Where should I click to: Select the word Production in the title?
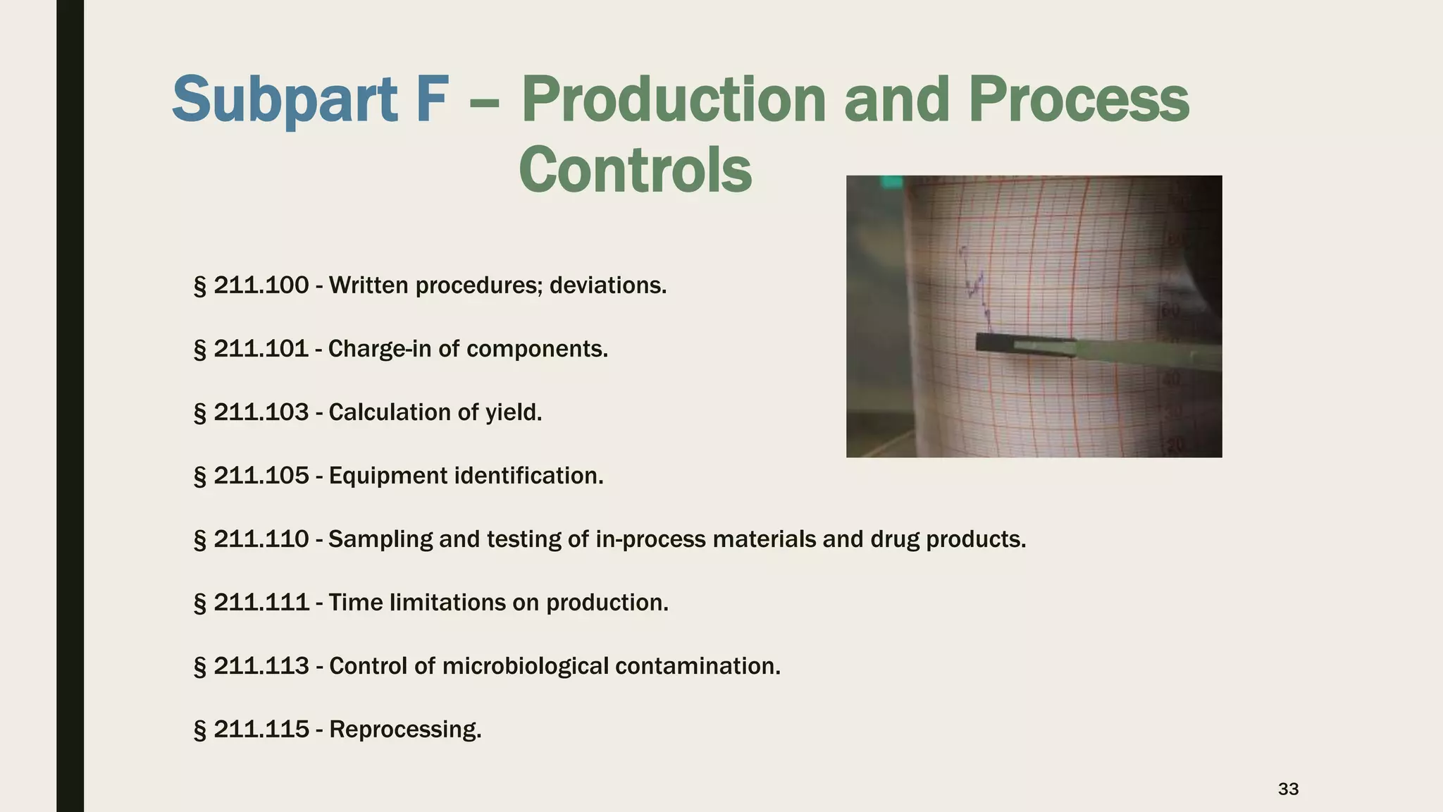click(x=673, y=100)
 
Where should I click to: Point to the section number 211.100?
click(x=261, y=285)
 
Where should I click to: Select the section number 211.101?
click(x=261, y=349)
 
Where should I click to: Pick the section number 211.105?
click(x=261, y=476)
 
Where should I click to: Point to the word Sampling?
click(x=380, y=540)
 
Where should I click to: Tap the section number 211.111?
click(x=261, y=603)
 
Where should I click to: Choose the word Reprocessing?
click(x=405, y=730)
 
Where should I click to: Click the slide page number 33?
click(x=1288, y=789)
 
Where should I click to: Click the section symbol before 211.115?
click(x=199, y=730)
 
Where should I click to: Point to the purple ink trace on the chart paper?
click(x=977, y=285)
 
